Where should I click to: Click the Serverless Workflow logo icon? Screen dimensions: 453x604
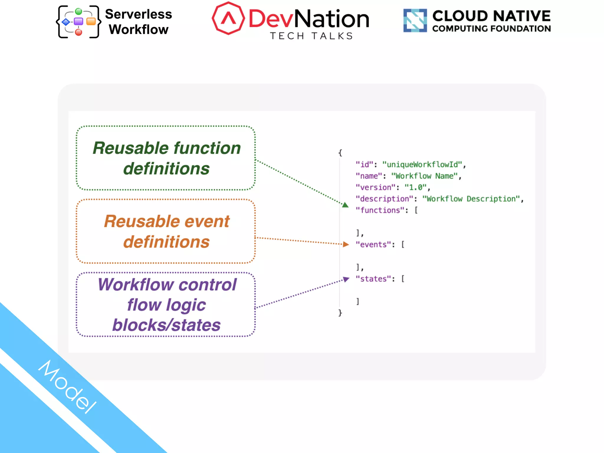pyautogui.click(x=78, y=22)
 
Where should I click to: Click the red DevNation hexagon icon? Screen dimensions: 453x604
pyautogui.click(x=228, y=18)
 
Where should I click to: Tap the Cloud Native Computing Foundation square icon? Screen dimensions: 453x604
pyautogui.click(x=415, y=20)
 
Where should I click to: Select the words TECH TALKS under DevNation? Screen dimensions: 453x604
pyautogui.click(x=311, y=36)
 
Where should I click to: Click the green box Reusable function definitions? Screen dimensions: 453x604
pyautogui.click(x=166, y=158)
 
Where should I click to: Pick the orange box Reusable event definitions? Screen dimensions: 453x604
pyautogui.click(x=166, y=231)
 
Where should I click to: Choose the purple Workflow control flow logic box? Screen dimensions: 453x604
pyautogui.click(x=166, y=304)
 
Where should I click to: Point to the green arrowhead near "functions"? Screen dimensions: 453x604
pyautogui.click(x=345, y=205)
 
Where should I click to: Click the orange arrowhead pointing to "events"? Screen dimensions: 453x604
pyautogui.click(x=346, y=244)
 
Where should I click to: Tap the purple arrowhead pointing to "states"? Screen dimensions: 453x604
pyautogui.click(x=346, y=279)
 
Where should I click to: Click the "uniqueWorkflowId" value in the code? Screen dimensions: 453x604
pyautogui.click(x=422, y=165)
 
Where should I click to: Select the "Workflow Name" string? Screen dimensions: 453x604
pyautogui.click(x=424, y=176)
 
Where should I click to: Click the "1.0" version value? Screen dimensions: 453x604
pyautogui.click(x=416, y=187)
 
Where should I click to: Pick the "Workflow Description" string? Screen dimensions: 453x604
pyautogui.click(x=471, y=199)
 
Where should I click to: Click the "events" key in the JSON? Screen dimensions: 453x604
pyautogui.click(x=373, y=244)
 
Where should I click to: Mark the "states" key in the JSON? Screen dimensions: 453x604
pyautogui.click(x=373, y=279)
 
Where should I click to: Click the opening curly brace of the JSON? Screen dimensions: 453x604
pyautogui.click(x=340, y=153)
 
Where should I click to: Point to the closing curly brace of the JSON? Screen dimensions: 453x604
pyautogui.click(x=340, y=313)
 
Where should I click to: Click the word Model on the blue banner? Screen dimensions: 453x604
pyautogui.click(x=68, y=386)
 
